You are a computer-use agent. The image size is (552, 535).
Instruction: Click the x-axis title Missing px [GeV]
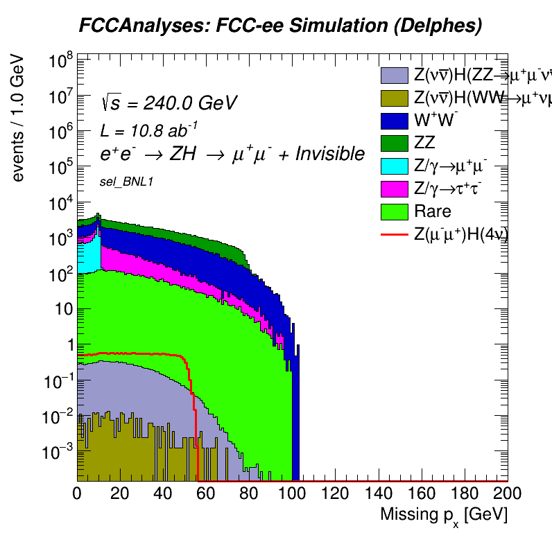[444, 514]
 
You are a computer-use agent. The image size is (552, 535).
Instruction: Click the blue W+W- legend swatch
[394, 121]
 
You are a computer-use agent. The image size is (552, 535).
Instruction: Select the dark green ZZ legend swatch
[394, 143]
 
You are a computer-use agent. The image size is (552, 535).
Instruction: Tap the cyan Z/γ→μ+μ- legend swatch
[394, 166]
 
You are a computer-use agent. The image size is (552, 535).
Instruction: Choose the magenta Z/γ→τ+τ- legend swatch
[394, 188]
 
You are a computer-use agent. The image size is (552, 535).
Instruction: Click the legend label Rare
[432, 211]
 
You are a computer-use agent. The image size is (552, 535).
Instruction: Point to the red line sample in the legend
[394, 234]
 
